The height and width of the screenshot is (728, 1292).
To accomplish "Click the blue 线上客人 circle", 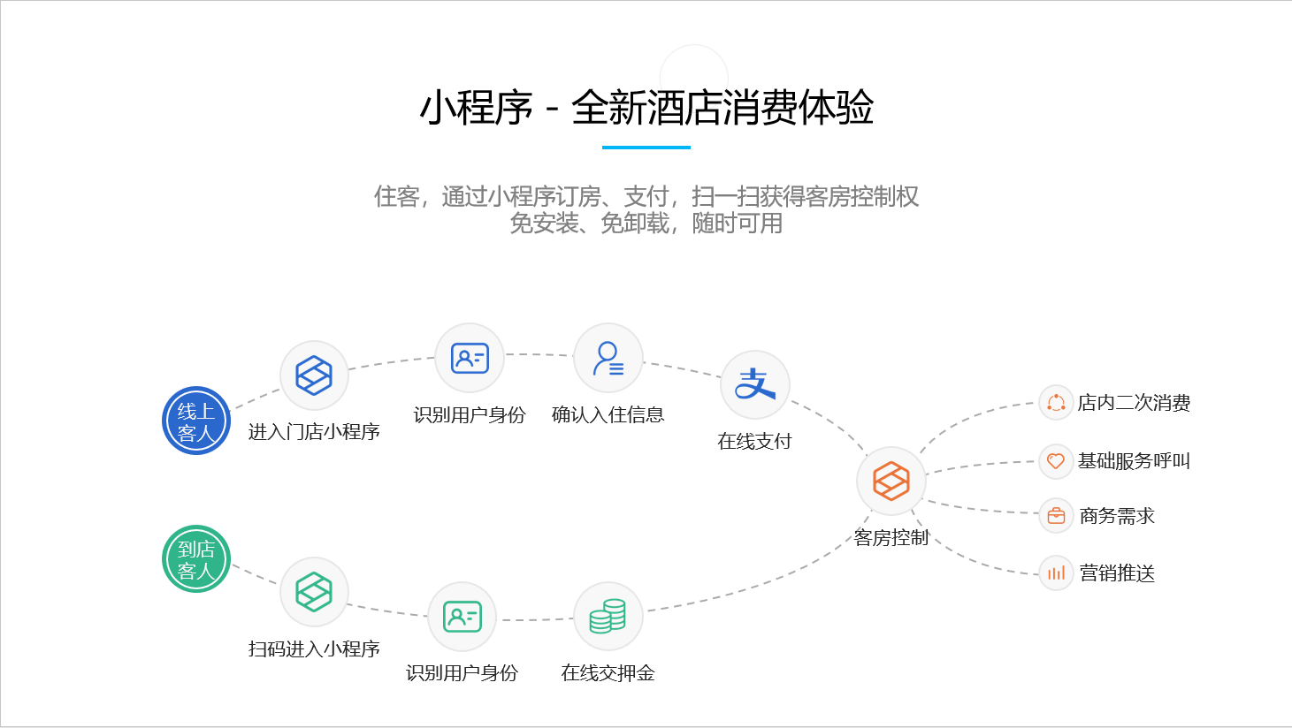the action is [x=196, y=421].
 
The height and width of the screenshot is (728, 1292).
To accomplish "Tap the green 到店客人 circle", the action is [x=196, y=559].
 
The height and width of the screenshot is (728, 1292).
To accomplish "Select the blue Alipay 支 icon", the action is [x=755, y=384].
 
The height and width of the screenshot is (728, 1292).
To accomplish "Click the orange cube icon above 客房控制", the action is [x=891, y=481].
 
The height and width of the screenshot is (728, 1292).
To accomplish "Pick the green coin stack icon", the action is [x=608, y=616].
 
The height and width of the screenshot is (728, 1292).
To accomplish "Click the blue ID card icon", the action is [x=470, y=358].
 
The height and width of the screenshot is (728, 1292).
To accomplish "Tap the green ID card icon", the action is [x=462, y=616].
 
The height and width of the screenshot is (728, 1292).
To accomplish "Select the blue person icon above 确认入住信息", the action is [x=608, y=358].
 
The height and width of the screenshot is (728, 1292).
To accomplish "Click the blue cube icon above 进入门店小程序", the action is [x=314, y=375].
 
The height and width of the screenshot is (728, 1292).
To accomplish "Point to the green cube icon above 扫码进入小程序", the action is [x=314, y=592].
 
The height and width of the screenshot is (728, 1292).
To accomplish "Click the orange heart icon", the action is [x=1056, y=461].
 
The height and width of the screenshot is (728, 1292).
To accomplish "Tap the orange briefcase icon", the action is [x=1056, y=515].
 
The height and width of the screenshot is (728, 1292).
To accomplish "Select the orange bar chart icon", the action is [x=1056, y=573].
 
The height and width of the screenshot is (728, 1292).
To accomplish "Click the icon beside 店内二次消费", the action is [x=1056, y=402].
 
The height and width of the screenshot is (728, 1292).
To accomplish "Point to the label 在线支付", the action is [x=755, y=442].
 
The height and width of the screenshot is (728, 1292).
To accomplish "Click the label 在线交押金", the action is [x=608, y=672].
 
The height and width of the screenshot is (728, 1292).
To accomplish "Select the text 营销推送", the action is [x=1117, y=573].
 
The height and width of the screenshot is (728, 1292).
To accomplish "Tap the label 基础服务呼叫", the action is [x=1134, y=461].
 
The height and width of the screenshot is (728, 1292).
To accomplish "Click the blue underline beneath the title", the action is [x=646, y=148].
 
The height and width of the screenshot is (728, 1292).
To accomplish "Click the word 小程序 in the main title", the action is [x=477, y=108].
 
